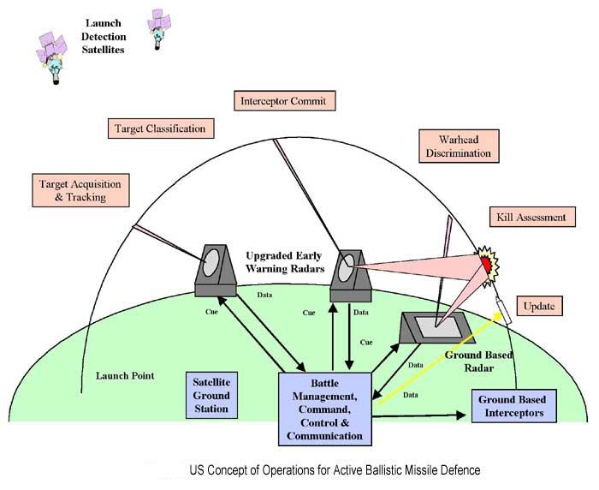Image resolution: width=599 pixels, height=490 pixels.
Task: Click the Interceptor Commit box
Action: (x=282, y=101)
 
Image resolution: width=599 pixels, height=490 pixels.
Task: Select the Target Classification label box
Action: (x=160, y=128)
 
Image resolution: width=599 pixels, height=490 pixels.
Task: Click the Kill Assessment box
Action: (x=531, y=218)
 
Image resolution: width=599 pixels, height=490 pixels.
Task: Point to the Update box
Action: (x=539, y=306)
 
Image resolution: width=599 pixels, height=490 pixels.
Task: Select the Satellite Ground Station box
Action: (x=211, y=394)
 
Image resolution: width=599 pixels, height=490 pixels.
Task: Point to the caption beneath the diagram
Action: (x=335, y=470)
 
